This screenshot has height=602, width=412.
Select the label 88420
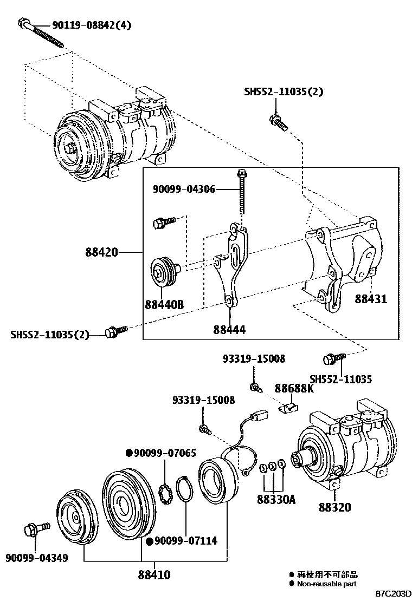101,253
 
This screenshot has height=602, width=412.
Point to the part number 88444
229,329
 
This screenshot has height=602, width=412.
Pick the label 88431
371,298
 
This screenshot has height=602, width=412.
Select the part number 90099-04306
184,189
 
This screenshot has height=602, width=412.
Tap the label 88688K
294,388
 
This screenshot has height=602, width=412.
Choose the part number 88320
334,507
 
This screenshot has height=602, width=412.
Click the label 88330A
276,499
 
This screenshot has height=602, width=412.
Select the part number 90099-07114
186,540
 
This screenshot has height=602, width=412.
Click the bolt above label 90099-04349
36,528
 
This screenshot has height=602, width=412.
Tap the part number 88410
154,574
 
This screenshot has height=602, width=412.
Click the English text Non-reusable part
326,584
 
